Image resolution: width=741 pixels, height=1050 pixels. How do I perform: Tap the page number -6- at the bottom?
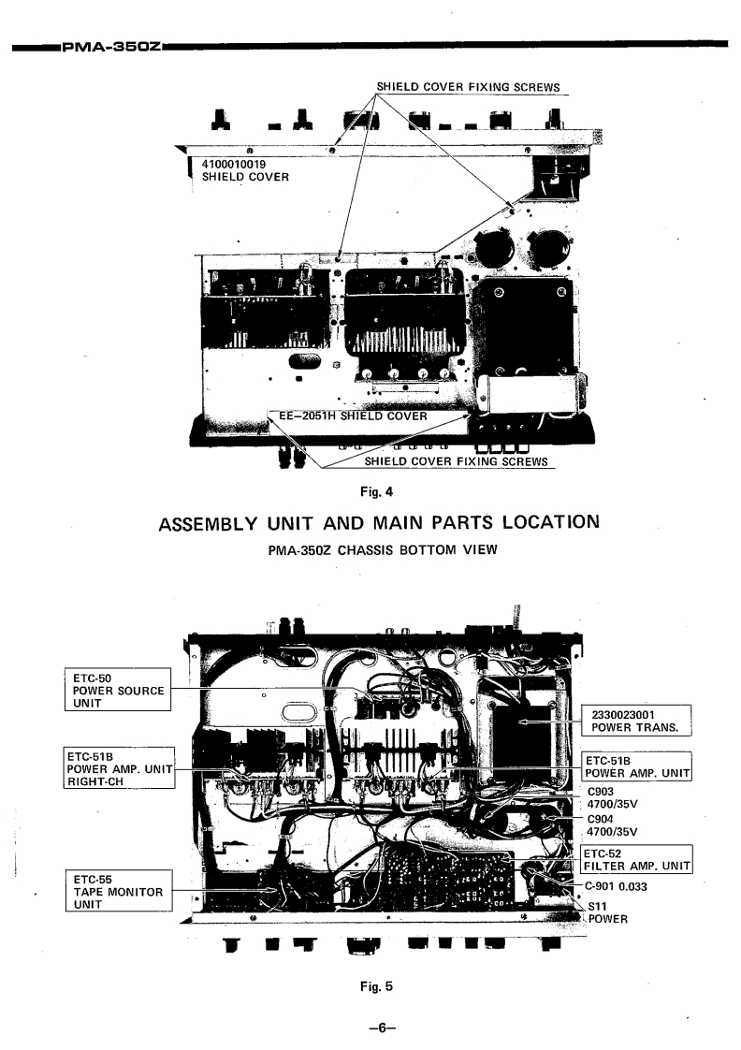(x=370, y=1027)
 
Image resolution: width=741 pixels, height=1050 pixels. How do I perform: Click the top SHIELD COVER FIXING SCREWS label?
(x=468, y=88)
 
